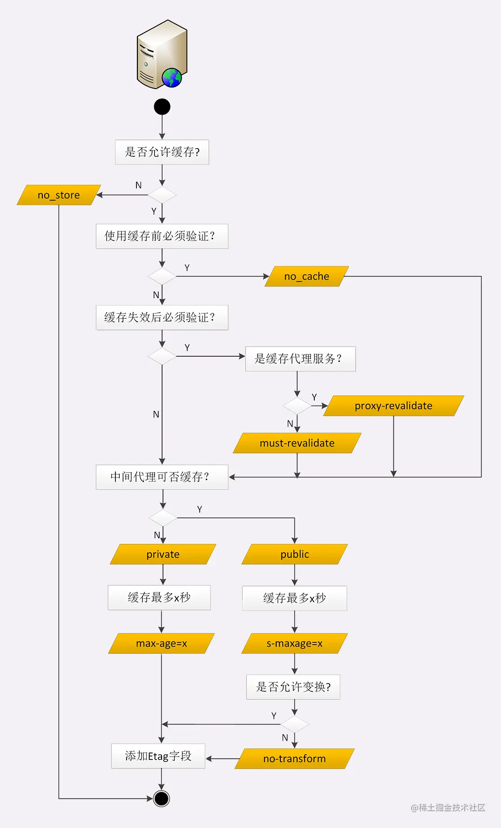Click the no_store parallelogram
click(x=59, y=195)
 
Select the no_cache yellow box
click(x=306, y=276)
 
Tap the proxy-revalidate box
click(x=393, y=406)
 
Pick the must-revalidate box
click(x=297, y=443)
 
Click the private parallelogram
click(x=163, y=554)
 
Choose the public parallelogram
click(x=294, y=554)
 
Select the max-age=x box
click(x=161, y=643)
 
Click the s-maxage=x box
click(x=294, y=643)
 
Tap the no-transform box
click(x=294, y=759)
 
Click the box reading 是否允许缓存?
click(x=162, y=152)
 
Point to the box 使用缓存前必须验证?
click(x=162, y=236)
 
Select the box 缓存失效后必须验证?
click(x=162, y=318)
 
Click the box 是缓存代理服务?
click(x=300, y=359)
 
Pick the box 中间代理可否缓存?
click(x=162, y=477)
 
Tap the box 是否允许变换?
click(x=293, y=687)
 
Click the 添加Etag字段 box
click(x=158, y=756)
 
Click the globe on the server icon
click(x=172, y=77)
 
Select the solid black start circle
click(x=162, y=107)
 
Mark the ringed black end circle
click(x=162, y=799)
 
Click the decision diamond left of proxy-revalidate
click(x=297, y=406)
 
